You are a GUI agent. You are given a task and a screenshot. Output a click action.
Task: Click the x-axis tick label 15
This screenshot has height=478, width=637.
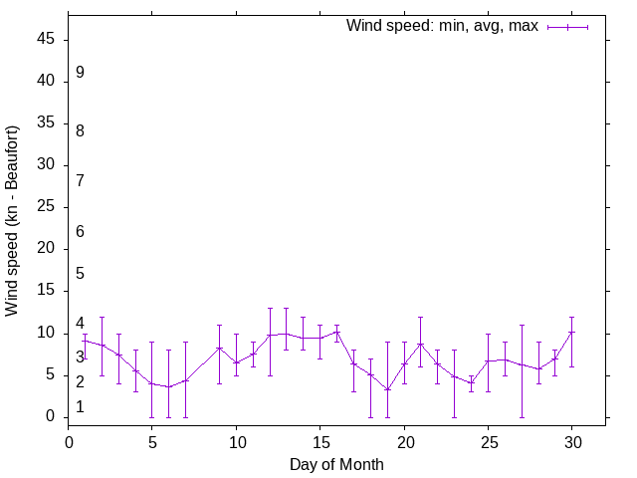(319, 441)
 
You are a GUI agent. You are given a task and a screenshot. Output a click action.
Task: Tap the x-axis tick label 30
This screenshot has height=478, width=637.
(571, 441)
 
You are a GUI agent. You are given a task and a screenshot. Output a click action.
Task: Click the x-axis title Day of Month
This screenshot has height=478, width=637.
(336, 464)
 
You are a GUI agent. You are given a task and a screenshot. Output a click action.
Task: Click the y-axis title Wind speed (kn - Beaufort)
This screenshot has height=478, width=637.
(13, 221)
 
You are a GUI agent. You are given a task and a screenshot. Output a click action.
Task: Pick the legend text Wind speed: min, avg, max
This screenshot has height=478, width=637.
(442, 26)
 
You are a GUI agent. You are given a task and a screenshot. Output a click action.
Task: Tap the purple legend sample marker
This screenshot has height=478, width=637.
(567, 27)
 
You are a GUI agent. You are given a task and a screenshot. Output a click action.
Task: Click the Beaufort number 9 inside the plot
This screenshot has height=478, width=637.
(80, 73)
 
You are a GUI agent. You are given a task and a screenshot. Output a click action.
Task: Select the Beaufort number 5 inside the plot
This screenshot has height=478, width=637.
(80, 274)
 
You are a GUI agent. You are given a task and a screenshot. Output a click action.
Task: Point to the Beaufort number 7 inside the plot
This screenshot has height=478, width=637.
(80, 181)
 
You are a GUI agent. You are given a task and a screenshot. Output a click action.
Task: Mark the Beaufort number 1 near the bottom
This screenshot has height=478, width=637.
(80, 407)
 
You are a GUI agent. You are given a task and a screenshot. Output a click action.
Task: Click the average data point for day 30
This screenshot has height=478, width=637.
(571, 333)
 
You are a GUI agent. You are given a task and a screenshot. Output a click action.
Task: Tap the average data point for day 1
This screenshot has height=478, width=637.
(86, 341)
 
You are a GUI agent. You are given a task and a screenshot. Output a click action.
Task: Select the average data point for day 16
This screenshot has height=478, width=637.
(336, 332)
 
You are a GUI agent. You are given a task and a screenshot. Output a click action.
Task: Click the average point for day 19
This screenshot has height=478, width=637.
(387, 389)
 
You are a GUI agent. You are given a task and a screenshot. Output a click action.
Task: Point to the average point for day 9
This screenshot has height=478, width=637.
(219, 348)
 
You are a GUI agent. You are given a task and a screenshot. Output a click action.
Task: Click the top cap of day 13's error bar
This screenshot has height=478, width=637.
(286, 308)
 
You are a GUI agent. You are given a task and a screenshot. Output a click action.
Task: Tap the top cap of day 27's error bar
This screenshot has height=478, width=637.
(522, 325)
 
